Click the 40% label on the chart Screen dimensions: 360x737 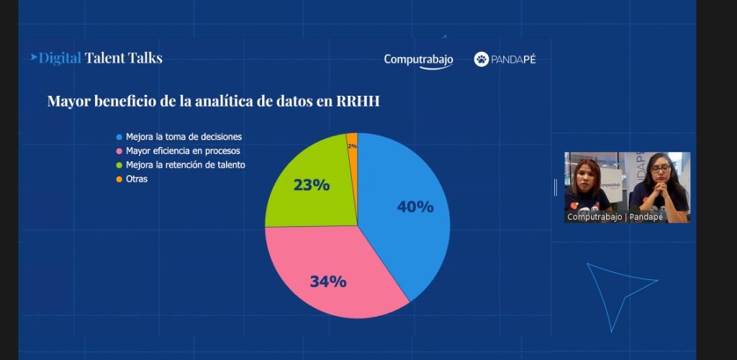click(x=415, y=207)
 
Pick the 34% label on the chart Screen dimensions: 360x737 click(x=328, y=282)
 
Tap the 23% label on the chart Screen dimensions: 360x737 click(x=312, y=185)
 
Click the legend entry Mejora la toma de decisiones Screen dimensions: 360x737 click(x=184, y=137)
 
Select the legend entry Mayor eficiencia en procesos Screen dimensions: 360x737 click(x=183, y=151)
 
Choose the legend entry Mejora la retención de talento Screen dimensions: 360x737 click(x=185, y=165)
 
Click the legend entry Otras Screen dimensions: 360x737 click(x=137, y=179)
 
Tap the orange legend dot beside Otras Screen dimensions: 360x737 click(x=119, y=179)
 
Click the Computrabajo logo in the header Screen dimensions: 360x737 click(x=418, y=60)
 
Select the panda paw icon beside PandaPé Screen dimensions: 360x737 click(x=481, y=59)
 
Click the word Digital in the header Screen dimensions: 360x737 click(x=60, y=58)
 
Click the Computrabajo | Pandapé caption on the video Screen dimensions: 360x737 click(x=615, y=216)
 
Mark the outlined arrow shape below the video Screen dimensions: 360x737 click(x=615, y=288)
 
